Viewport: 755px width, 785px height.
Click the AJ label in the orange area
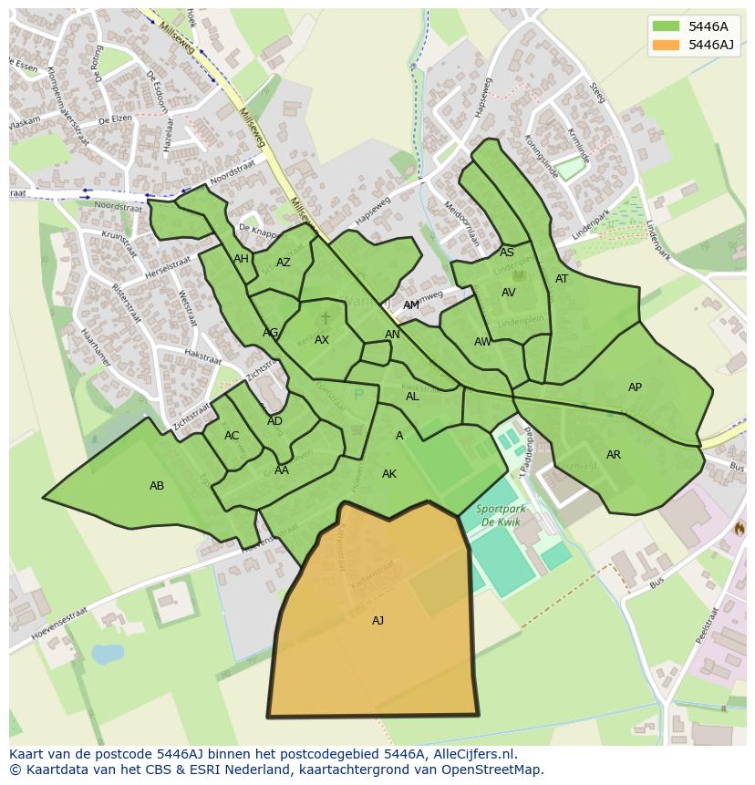coord(377,621)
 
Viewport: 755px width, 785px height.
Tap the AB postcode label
coord(157,486)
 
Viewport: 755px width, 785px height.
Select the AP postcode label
coord(635,387)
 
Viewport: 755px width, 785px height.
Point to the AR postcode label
coord(614,455)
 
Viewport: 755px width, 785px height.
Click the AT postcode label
coord(562,279)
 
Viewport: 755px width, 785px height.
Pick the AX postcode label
coord(322,340)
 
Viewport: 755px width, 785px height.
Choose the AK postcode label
coord(389,474)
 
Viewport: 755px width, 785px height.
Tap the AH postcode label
coord(241,259)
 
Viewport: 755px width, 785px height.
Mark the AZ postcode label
coord(284,263)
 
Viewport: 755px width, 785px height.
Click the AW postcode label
coord(482,342)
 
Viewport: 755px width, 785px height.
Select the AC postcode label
coord(232,436)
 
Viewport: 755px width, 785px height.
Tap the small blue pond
coord(108,654)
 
